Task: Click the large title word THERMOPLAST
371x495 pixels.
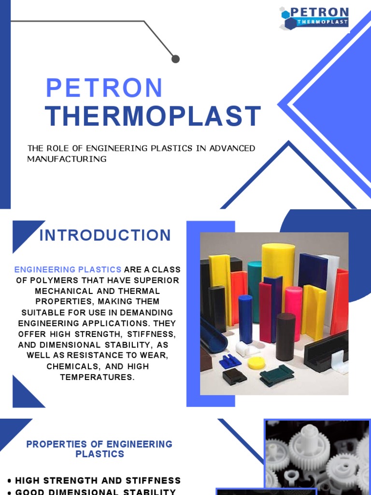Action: pyautogui.click(x=153, y=116)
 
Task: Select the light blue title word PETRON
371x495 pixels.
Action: pyautogui.click(x=104, y=88)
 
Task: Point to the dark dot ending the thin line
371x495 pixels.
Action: pyautogui.click(x=175, y=59)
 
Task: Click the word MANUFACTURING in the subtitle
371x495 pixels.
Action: pyautogui.click(x=67, y=159)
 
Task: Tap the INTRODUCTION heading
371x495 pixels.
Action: pyautogui.click(x=105, y=235)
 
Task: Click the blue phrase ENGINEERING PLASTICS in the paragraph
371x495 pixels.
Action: pyautogui.click(x=68, y=269)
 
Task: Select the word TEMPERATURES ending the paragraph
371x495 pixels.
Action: pyautogui.click(x=97, y=377)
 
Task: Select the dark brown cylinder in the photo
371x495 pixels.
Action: pyautogui.click(x=285, y=336)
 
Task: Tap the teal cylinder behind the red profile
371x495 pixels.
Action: pyautogui.click(x=254, y=290)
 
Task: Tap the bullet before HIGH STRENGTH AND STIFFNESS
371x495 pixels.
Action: pyautogui.click(x=10, y=481)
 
